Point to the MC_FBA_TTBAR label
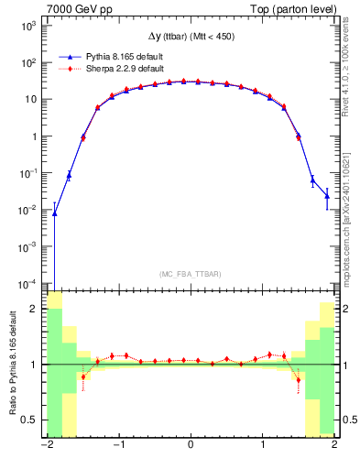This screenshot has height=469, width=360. click(189, 274)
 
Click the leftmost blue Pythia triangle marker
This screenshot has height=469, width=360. click(54, 213)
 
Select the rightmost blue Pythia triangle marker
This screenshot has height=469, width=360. click(327, 195)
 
